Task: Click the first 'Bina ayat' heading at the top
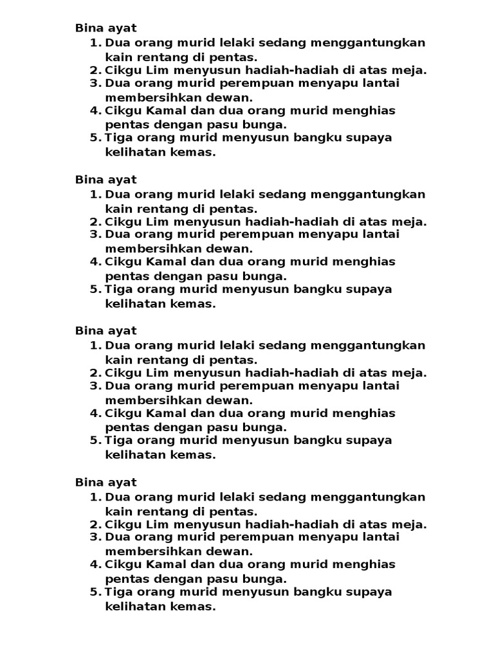tap(105, 28)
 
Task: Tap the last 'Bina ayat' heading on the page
tap(105, 483)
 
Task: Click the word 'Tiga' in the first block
tap(117, 138)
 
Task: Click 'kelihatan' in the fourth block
tap(132, 605)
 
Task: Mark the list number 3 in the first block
tap(96, 84)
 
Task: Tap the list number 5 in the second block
tap(96, 289)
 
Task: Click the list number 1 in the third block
tap(96, 346)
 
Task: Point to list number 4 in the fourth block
tap(96, 564)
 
